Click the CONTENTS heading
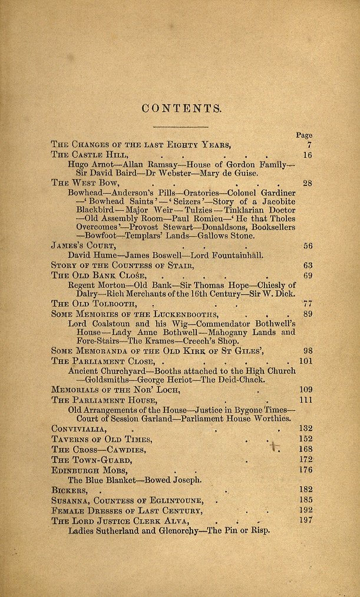pyautogui.click(x=181, y=108)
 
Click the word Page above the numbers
pyautogui.click(x=304, y=135)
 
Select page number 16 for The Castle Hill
pyautogui.click(x=307, y=155)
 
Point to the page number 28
pyautogui.click(x=307, y=183)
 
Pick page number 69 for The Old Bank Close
pyautogui.click(x=307, y=275)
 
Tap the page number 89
pyautogui.click(x=307, y=314)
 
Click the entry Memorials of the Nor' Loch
pyautogui.click(x=115, y=390)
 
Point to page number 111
pyautogui.click(x=306, y=400)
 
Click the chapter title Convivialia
pyautogui.click(x=78, y=429)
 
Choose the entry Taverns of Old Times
pyautogui.click(x=101, y=439)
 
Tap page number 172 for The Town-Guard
pyautogui.click(x=306, y=459)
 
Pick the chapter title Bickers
pyautogui.click(x=70, y=490)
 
